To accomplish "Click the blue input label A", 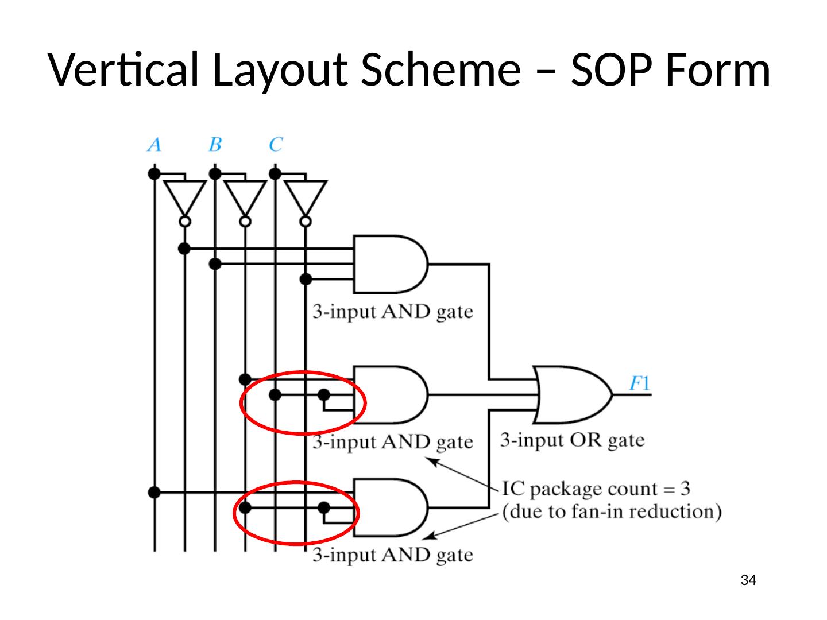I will pyautogui.click(x=154, y=144).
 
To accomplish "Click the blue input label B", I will pyautogui.click(x=215, y=144).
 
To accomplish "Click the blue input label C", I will pyautogui.click(x=276, y=144).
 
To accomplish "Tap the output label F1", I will pyautogui.click(x=639, y=383).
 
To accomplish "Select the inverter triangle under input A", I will pyautogui.click(x=184, y=197).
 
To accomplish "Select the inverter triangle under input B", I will pyautogui.click(x=245, y=197).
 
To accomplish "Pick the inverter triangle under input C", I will pyautogui.click(x=306, y=197).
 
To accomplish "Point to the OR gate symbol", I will pyautogui.click(x=571, y=395).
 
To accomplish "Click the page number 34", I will pyautogui.click(x=748, y=580).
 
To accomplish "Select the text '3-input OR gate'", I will pyautogui.click(x=572, y=440).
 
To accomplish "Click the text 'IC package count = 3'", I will pyautogui.click(x=596, y=489).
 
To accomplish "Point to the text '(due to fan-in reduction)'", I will pyautogui.click(x=612, y=511).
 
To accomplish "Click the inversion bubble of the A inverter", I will pyautogui.click(x=184, y=222).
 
